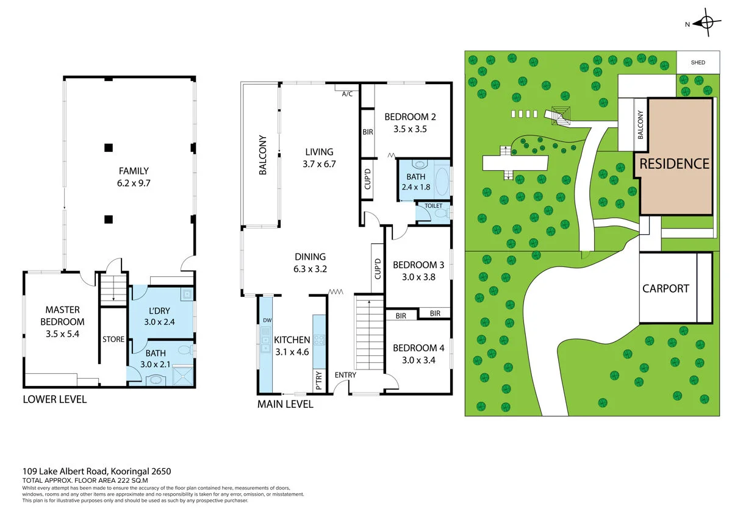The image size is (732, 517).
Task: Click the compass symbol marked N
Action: tap(706, 23)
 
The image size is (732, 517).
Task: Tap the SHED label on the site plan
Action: tap(698, 63)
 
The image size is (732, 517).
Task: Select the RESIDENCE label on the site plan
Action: tap(674, 163)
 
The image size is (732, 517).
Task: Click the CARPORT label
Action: tap(666, 288)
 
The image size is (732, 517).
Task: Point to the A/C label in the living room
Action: tap(347, 94)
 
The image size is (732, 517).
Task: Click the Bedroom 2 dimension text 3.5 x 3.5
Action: tap(410, 129)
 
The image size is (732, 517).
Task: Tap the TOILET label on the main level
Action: tap(433, 206)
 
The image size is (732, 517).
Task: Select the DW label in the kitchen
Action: tap(267, 320)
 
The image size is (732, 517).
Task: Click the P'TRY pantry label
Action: tap(319, 379)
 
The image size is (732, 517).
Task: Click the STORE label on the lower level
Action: tap(113, 340)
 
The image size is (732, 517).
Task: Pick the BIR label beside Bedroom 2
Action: tap(368, 131)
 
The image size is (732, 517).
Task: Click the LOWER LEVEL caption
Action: tap(54, 400)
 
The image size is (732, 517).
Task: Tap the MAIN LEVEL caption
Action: tap(285, 404)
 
